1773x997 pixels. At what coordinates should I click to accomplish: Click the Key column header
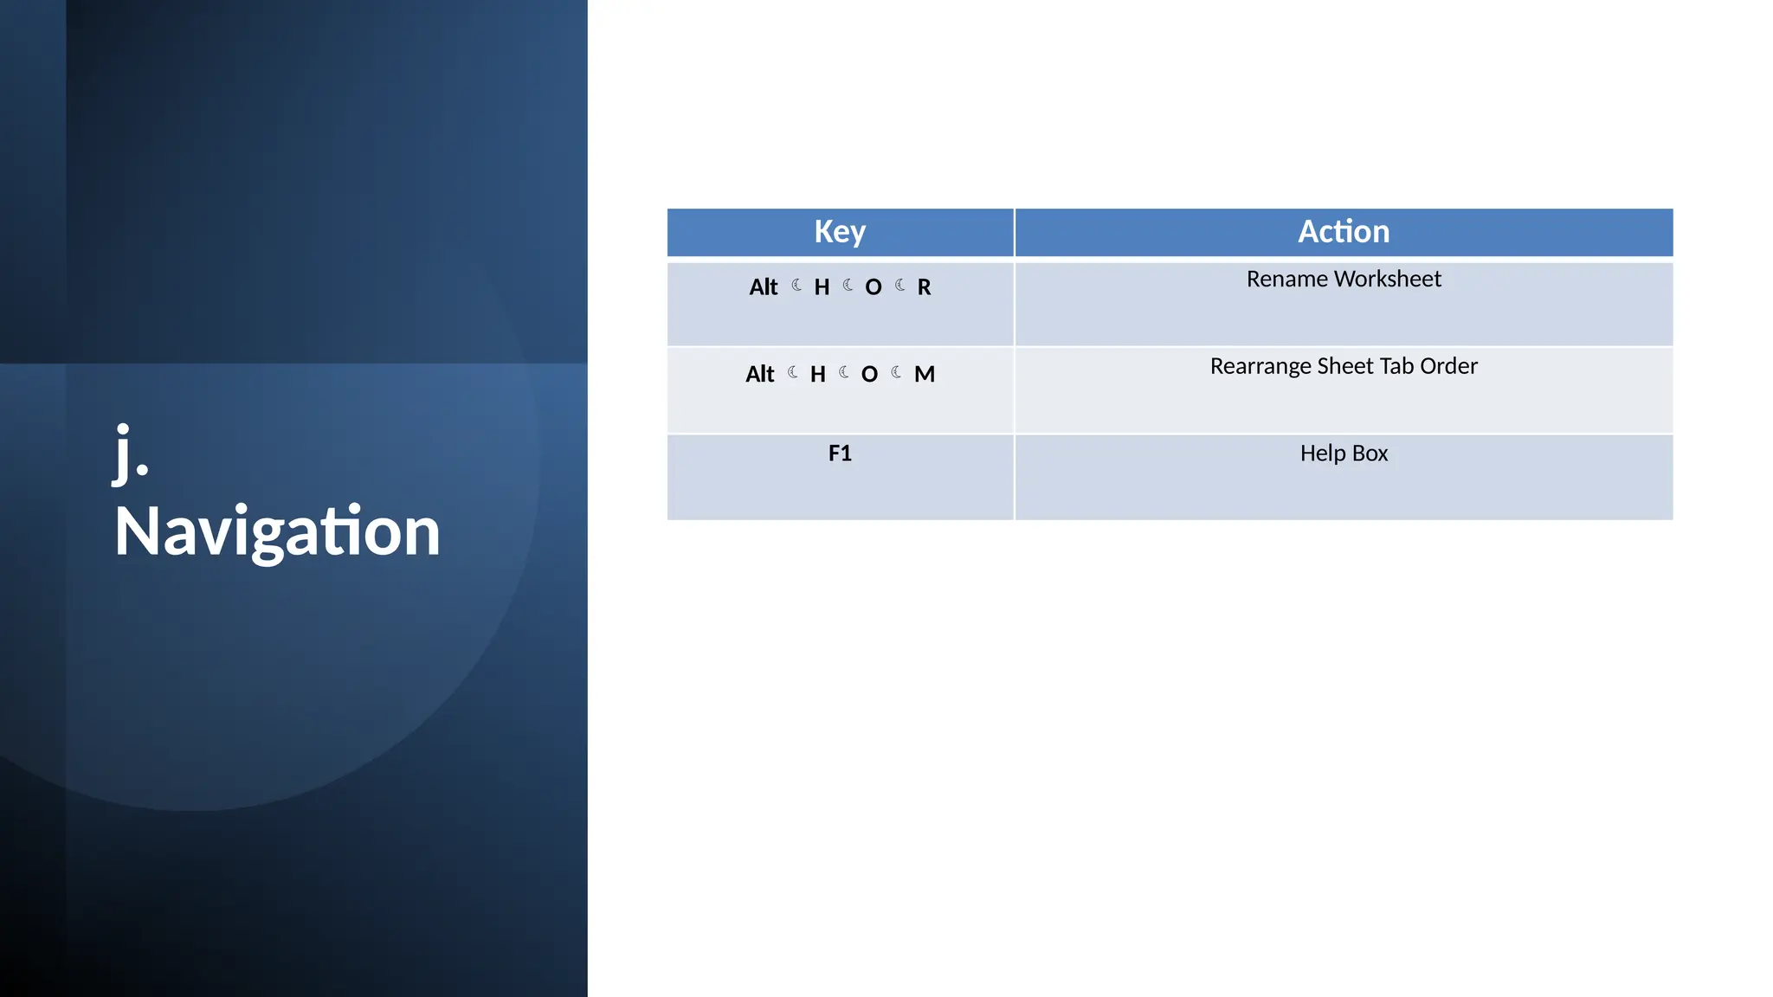coord(839,232)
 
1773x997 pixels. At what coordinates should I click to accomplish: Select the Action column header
coord(1343,232)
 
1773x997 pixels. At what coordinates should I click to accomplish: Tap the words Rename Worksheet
coord(1343,280)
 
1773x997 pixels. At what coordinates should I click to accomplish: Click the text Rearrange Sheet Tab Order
coord(1343,366)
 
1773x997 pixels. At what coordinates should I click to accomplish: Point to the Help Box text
coord(1343,453)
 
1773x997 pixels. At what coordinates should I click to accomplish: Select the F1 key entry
coord(839,453)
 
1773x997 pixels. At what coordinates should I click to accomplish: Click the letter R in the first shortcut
coord(924,287)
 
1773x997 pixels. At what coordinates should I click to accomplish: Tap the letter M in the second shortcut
coord(924,374)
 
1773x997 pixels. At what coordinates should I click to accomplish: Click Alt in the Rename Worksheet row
coord(763,287)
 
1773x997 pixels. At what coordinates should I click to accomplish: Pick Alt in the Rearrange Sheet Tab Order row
coord(759,374)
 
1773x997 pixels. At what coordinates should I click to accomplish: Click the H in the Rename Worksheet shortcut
coord(821,287)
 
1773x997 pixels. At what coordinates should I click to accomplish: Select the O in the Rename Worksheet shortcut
coord(873,287)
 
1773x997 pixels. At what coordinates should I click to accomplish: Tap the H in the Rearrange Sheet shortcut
coord(817,374)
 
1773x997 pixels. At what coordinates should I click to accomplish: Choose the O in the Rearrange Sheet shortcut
coord(869,374)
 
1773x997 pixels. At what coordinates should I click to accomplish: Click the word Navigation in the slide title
coord(277,531)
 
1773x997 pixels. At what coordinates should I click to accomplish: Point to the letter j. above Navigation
coord(131,453)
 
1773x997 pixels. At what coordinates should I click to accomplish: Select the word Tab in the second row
coord(1397,366)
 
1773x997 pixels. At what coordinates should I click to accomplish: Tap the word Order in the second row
coord(1448,366)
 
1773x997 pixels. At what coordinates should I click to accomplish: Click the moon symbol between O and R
coord(899,285)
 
